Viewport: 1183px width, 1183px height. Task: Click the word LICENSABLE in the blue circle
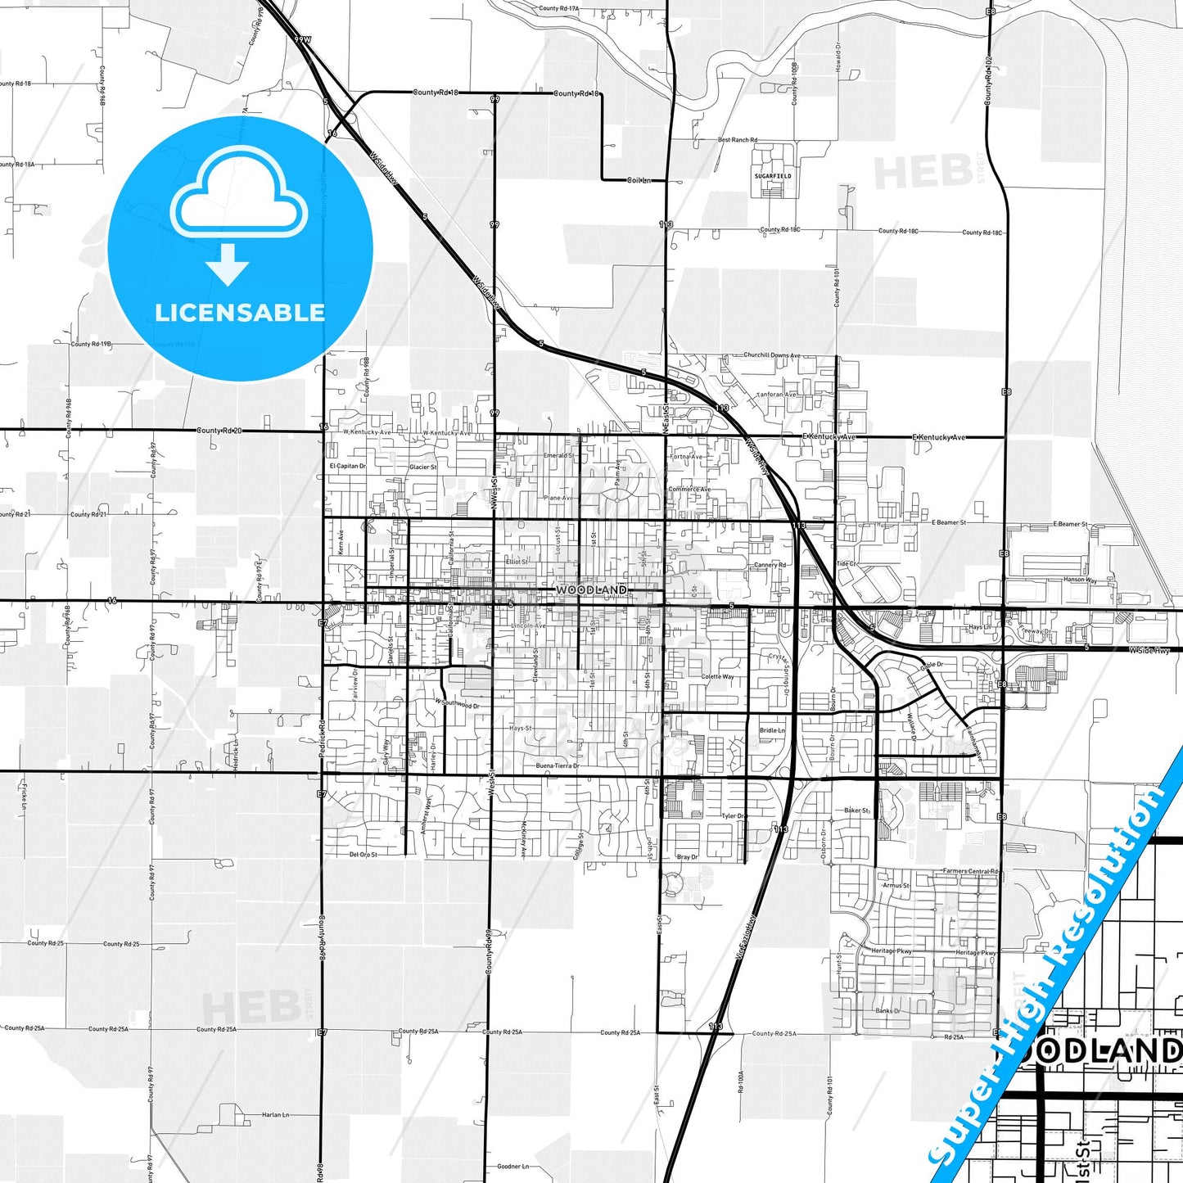tap(240, 313)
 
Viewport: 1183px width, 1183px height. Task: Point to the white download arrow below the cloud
tap(228, 264)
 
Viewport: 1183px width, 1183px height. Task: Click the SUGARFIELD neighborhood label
tap(773, 176)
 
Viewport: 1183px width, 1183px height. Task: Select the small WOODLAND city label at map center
tap(591, 589)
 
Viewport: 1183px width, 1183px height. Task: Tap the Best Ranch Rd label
tap(738, 140)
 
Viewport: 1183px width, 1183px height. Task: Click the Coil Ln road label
tap(639, 180)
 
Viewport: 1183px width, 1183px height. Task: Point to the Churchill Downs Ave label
tap(772, 355)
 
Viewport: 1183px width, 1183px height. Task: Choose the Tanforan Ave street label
tap(776, 395)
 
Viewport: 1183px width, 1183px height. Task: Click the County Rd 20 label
tap(220, 431)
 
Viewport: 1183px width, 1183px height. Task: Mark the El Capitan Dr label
tap(347, 466)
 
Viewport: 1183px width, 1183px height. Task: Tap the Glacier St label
tap(423, 467)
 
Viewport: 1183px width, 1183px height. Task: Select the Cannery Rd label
tap(770, 565)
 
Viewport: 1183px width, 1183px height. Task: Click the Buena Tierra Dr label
tap(558, 765)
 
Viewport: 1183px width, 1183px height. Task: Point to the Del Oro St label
tap(363, 855)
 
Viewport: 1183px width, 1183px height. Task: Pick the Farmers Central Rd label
tap(971, 871)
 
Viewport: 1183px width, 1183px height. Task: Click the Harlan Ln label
tap(276, 1115)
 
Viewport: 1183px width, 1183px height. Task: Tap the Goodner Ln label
tap(512, 1167)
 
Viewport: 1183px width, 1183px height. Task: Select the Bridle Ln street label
tap(772, 730)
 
